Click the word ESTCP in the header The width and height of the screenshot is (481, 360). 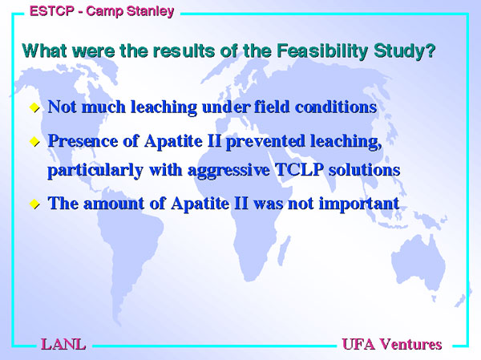click(x=52, y=11)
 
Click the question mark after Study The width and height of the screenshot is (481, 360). click(x=430, y=51)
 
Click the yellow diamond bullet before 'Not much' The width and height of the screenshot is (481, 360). click(x=34, y=107)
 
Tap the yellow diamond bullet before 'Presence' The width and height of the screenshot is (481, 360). click(x=34, y=141)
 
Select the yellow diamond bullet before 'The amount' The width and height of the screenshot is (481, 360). click(x=34, y=204)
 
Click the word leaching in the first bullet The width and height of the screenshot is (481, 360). click(x=164, y=107)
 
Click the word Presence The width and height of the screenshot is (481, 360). click(x=83, y=141)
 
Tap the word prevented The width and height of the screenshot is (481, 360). click(x=265, y=142)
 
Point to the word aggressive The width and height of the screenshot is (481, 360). click(x=228, y=171)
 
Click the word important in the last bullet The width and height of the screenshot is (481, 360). click(x=359, y=204)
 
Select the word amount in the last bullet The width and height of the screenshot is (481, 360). click(x=114, y=204)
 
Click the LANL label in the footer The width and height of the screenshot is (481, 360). click(x=63, y=344)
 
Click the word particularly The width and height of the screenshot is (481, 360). click(x=95, y=171)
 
